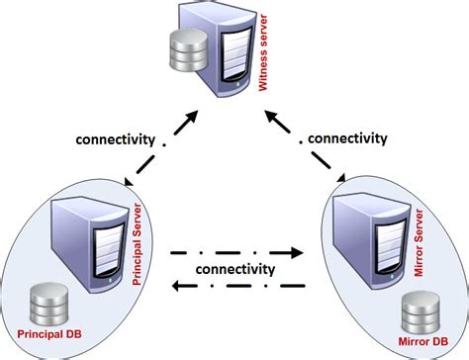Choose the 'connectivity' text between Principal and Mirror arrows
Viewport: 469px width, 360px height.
pos(234,270)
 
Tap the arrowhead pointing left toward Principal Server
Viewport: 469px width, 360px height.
pos(173,287)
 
